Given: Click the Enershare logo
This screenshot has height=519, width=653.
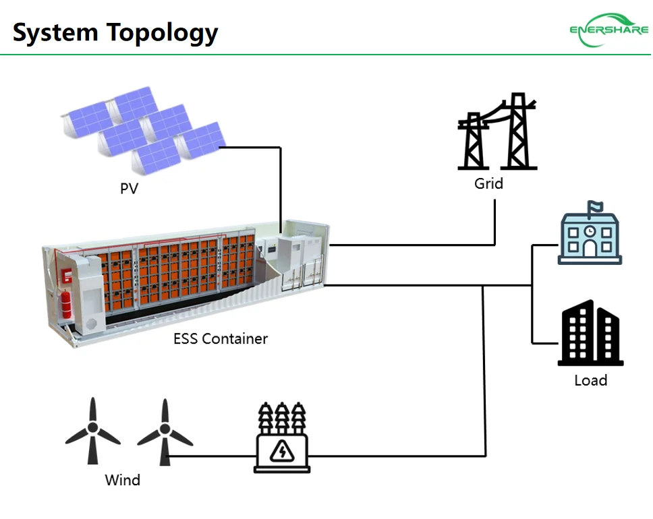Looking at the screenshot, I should [608, 31].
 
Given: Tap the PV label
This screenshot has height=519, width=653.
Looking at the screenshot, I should [129, 189].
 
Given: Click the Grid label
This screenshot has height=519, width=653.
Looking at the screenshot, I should [488, 183].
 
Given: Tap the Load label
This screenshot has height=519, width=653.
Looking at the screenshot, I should [590, 380].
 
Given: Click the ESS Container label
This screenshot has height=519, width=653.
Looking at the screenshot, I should [221, 338].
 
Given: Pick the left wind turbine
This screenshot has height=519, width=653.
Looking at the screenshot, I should [93, 431].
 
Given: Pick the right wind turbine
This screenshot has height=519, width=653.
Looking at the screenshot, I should [165, 431].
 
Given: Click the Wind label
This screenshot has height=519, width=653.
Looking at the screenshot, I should [123, 481].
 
